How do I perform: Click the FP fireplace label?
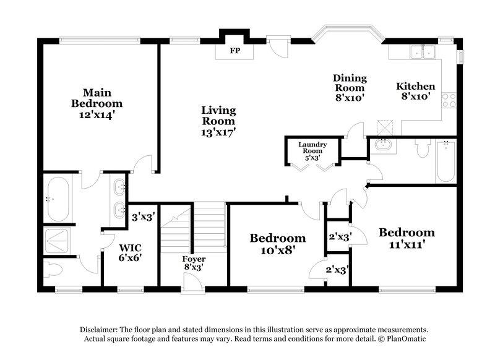[x=235, y=51]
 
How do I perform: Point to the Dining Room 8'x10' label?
[x=350, y=87]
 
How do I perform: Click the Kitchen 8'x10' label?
[x=415, y=91]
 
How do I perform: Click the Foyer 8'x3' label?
[x=194, y=263]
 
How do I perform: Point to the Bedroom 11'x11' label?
[x=407, y=238]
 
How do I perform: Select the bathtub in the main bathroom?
[x=59, y=199]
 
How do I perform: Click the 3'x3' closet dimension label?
[x=143, y=216]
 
